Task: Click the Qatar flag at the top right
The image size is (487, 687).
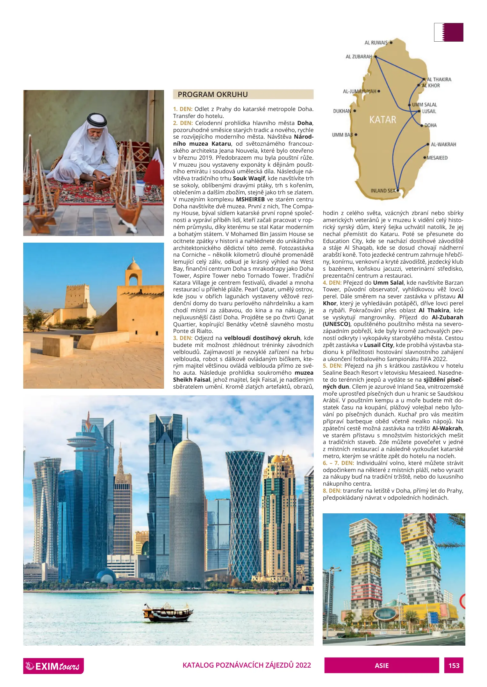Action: click(448, 32)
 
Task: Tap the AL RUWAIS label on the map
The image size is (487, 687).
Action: click(376, 43)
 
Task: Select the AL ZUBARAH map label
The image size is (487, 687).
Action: click(359, 57)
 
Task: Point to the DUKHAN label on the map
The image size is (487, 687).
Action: click(342, 111)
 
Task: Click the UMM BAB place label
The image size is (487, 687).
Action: click(342, 135)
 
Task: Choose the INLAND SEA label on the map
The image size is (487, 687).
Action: click(383, 191)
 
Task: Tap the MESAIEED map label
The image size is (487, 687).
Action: click(437, 158)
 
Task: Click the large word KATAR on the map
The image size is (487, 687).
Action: click(383, 120)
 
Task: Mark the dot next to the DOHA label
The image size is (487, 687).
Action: click(422, 125)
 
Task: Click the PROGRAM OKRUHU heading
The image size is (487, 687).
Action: click(212, 94)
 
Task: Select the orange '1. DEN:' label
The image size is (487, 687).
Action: click(183, 109)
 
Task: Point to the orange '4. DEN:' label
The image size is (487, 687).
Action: click(332, 283)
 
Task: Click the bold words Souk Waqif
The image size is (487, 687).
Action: click(249, 178)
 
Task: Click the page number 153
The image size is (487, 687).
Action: click(454, 666)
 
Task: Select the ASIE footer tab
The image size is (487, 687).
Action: click(382, 666)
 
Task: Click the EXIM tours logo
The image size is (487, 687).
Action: click(53, 666)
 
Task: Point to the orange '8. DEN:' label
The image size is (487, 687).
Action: click(332, 491)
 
